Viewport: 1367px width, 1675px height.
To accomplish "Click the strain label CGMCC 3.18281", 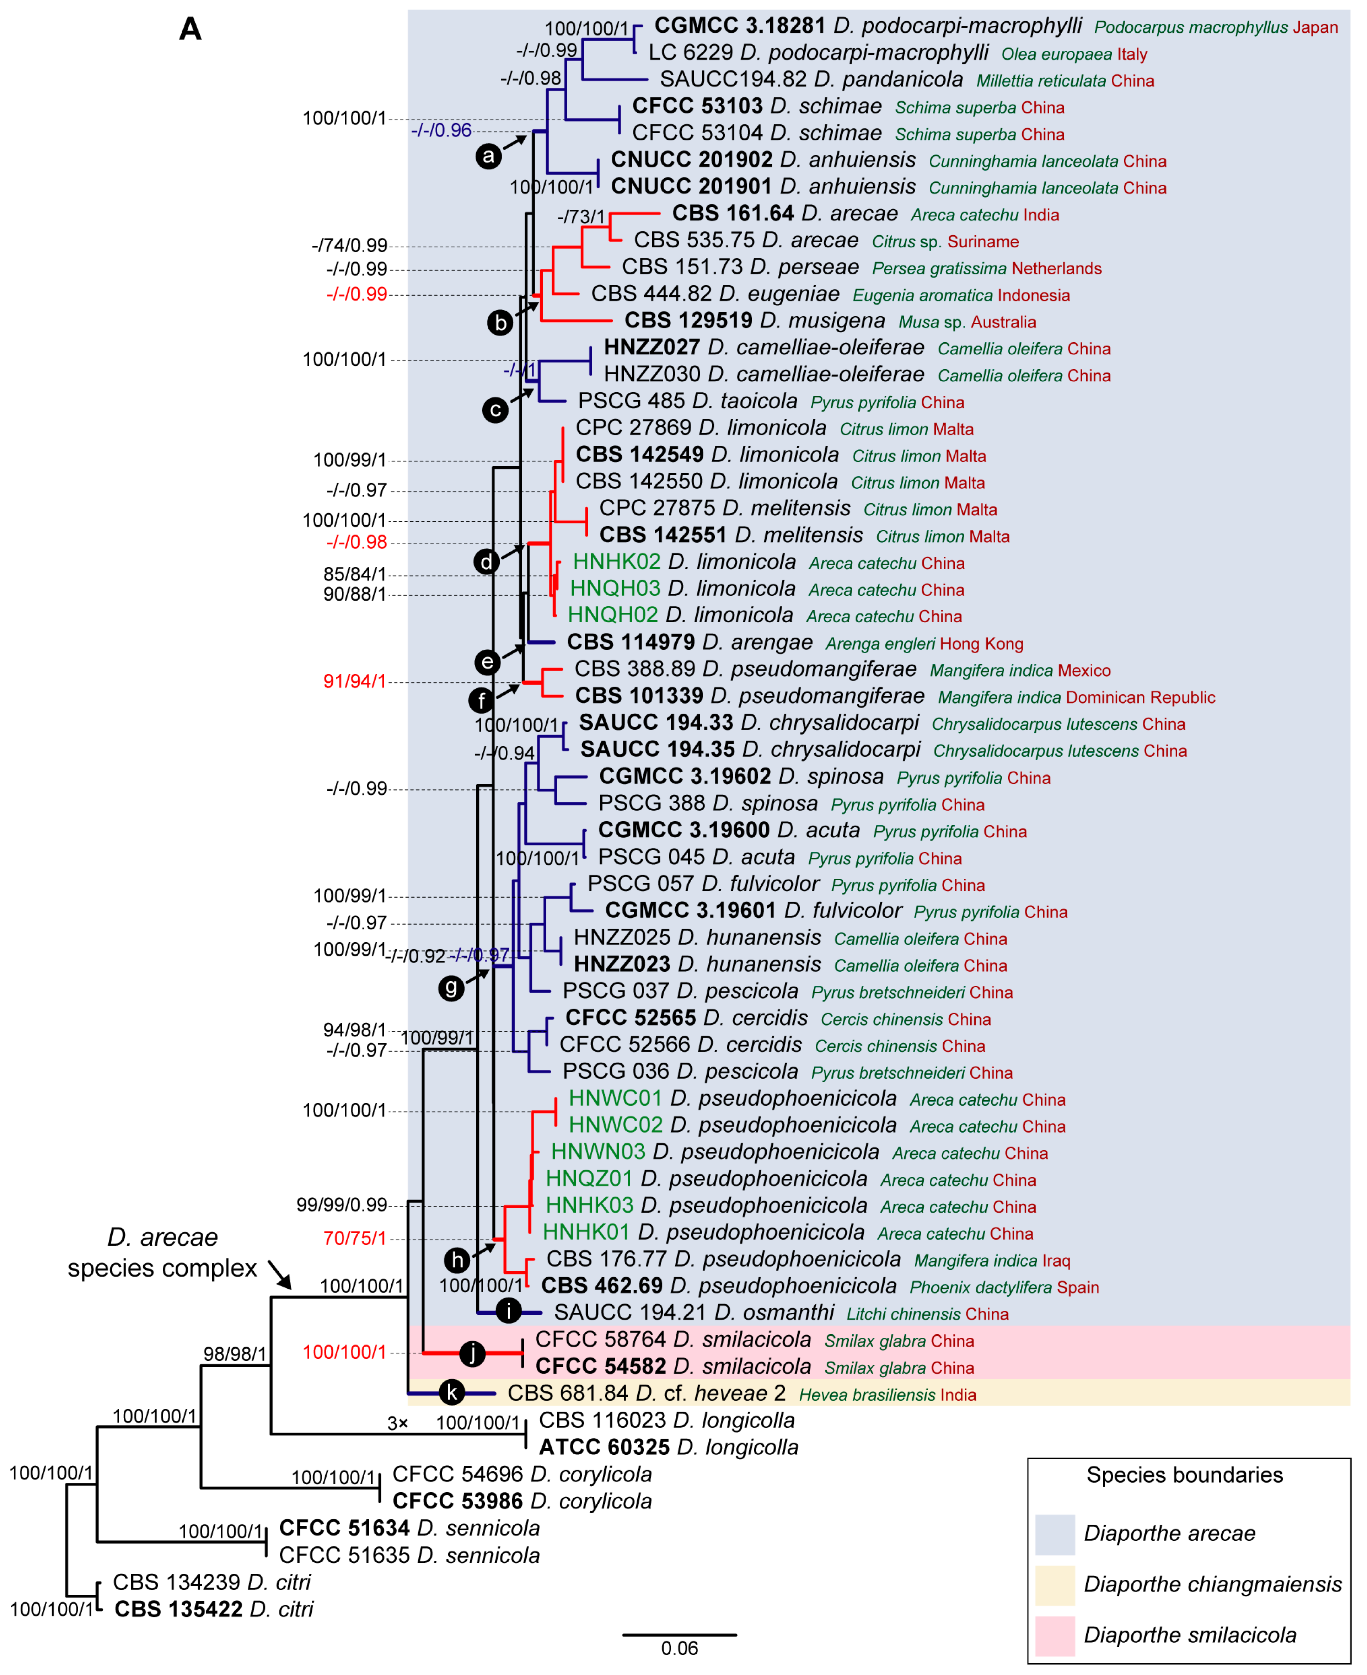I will (x=739, y=26).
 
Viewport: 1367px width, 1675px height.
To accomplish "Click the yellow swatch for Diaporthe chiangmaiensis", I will (x=1054, y=1584).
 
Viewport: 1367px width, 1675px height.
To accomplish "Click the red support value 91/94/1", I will (x=354, y=681).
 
